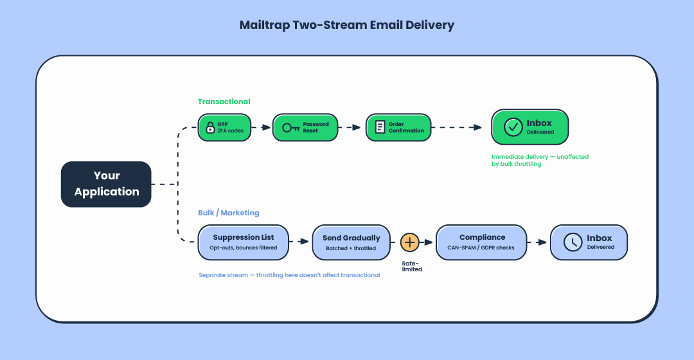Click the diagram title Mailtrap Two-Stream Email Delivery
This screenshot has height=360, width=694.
click(x=346, y=26)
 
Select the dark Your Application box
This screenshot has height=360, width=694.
click(x=106, y=184)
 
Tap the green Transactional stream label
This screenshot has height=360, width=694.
click(x=224, y=102)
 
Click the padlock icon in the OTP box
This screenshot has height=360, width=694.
click(x=209, y=127)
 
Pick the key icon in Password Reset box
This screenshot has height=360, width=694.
click(x=290, y=127)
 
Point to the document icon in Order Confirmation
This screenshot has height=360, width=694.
click(x=380, y=127)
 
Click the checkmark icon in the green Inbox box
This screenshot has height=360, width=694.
click(x=513, y=127)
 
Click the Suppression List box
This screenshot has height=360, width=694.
click(x=244, y=242)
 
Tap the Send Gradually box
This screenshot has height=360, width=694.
click(x=351, y=242)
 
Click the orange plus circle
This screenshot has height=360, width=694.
click(x=410, y=242)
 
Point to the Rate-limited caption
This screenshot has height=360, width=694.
click(x=412, y=266)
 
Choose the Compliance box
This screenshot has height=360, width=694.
click(x=481, y=242)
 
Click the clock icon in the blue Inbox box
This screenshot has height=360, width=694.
click(x=573, y=242)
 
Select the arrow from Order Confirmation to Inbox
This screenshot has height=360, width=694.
click(x=460, y=127)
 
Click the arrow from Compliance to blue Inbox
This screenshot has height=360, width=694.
click(x=538, y=242)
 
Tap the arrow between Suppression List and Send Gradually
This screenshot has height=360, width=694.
click(x=300, y=242)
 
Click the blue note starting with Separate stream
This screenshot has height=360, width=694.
click(x=289, y=275)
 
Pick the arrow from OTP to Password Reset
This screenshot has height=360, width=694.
click(x=262, y=127)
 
